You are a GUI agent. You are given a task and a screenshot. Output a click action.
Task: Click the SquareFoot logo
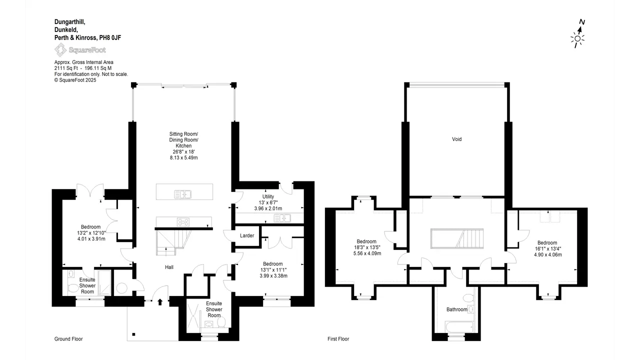(x=80, y=50)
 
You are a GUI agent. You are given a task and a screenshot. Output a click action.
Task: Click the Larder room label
(x=247, y=235)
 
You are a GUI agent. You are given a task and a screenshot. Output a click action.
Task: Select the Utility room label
(x=268, y=196)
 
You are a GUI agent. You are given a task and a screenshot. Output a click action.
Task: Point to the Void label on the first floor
(x=456, y=139)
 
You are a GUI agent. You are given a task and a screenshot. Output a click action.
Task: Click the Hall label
(x=169, y=267)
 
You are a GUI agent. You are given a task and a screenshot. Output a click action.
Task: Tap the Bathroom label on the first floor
(x=456, y=309)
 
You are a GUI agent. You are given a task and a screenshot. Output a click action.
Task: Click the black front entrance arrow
(x=160, y=302)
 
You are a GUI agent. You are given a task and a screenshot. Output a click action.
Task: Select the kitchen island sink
(x=183, y=194)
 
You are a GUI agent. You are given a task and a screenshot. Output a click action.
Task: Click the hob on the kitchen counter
(x=183, y=221)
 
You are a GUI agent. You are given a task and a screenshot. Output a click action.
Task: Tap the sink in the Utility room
(x=282, y=218)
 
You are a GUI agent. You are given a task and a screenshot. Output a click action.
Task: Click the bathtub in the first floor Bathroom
(x=459, y=327)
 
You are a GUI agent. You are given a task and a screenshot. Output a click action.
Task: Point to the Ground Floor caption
(x=68, y=339)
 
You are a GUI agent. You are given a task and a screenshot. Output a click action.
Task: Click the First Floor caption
(x=338, y=339)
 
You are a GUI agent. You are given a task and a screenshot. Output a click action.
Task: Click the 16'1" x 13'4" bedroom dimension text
(x=547, y=248)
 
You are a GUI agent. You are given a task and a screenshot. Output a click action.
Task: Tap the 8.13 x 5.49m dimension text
(x=183, y=157)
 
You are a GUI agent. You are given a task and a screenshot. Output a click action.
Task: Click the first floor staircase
(x=457, y=238)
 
